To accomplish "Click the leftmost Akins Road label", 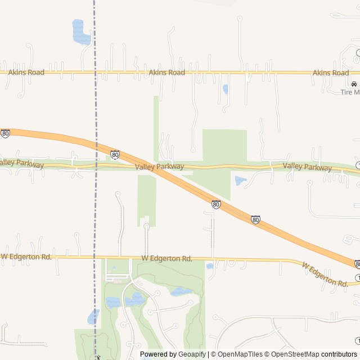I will point(26,73).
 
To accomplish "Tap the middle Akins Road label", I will point(167,73).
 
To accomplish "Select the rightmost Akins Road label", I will point(331,73).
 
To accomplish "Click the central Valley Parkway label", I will point(159,166).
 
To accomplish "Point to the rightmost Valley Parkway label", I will point(307,166).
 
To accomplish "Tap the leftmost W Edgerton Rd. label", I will point(26,256).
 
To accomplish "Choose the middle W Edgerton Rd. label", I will point(166,259).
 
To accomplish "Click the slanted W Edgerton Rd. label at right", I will point(325,274).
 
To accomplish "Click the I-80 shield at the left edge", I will point(5,134).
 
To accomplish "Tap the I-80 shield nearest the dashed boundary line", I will point(115,154).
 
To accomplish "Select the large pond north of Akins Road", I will point(81,32).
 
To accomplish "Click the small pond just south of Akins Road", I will point(226,89).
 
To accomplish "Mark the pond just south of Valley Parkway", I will point(240,181).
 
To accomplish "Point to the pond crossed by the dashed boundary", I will point(93,317).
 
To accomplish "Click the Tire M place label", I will point(350,92).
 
